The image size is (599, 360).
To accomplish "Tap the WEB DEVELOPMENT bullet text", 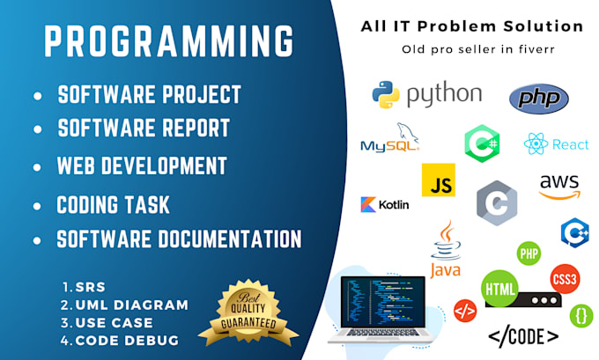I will pyautogui.click(x=142, y=165).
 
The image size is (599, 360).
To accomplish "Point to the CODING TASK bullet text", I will pyautogui.click(x=113, y=205).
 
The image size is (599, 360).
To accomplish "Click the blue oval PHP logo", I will pyautogui.click(x=538, y=98).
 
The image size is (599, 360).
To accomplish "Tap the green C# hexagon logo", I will pyautogui.click(x=482, y=142).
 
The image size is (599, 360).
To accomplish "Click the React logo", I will pyautogui.click(x=556, y=144).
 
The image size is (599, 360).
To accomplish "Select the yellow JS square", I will pyautogui.click(x=438, y=180).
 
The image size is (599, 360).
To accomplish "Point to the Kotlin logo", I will pyautogui.click(x=385, y=204).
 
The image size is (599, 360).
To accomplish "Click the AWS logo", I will pyautogui.click(x=560, y=186).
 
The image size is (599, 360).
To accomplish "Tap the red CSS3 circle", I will pyautogui.click(x=565, y=280).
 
